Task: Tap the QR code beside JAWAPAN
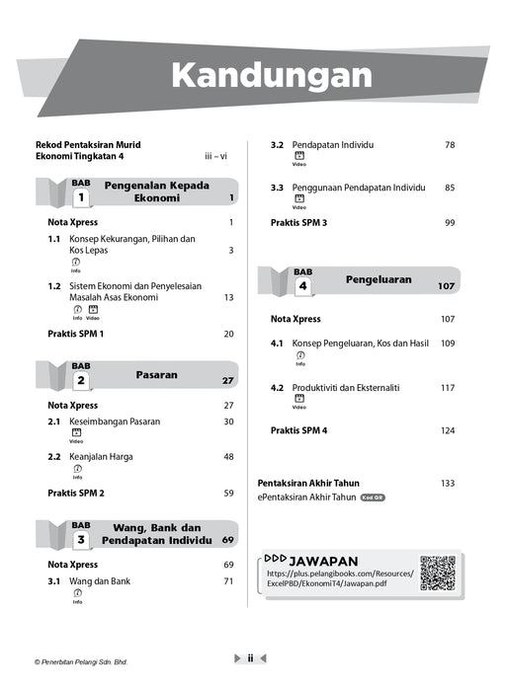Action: [x=438, y=574]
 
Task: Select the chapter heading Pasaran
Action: [x=156, y=375]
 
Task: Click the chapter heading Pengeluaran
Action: [x=378, y=279]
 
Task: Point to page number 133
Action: [x=448, y=483]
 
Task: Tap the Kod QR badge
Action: [x=373, y=499]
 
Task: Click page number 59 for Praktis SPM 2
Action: [x=228, y=493]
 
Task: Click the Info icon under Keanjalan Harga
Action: [x=77, y=471]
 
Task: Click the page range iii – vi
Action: [x=215, y=156]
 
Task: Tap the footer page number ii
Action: [x=251, y=657]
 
